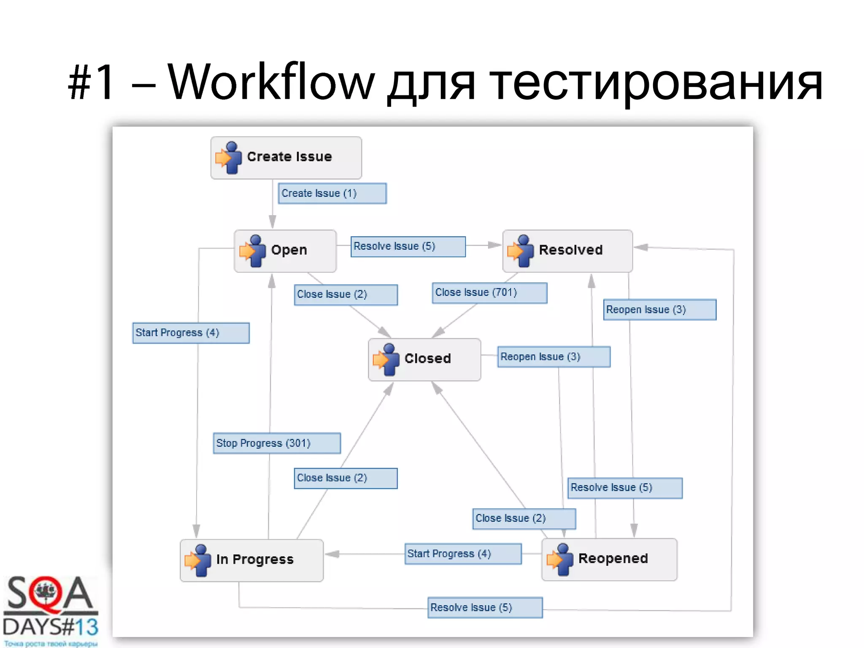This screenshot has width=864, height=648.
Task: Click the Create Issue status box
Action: click(286, 157)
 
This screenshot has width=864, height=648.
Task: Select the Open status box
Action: click(285, 251)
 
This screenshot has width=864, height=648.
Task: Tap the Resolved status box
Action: click(567, 251)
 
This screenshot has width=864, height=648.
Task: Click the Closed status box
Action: click(424, 359)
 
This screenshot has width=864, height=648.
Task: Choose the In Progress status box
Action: click(252, 560)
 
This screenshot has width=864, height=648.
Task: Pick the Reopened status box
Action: click(609, 559)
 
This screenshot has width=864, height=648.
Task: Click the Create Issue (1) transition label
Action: click(332, 193)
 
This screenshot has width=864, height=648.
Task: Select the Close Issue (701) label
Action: click(489, 293)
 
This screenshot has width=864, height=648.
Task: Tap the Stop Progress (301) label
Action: click(277, 443)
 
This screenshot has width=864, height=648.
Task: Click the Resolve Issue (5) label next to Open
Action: click(408, 246)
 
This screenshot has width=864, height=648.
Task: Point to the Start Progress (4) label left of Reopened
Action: click(463, 553)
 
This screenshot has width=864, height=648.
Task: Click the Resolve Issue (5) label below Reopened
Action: click(485, 607)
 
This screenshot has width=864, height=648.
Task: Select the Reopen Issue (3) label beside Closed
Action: click(553, 357)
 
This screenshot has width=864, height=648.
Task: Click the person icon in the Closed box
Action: click(386, 359)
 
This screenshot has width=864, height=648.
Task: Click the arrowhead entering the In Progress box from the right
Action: click(332, 554)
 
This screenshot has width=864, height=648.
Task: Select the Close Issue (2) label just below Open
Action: click(346, 294)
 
